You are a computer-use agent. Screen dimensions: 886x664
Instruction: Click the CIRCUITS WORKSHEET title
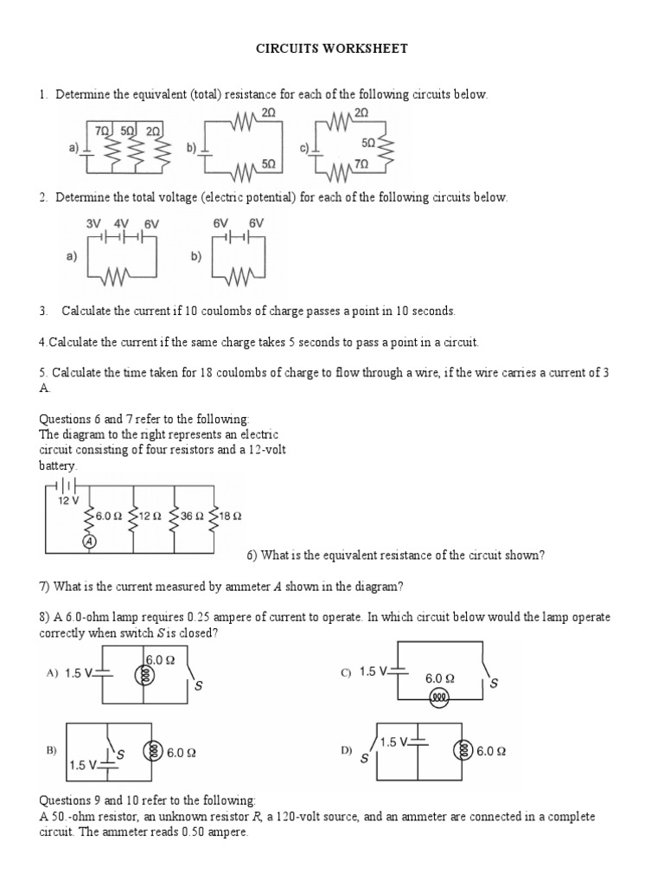tap(331, 49)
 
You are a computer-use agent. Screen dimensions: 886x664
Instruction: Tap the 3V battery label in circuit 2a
tap(93, 223)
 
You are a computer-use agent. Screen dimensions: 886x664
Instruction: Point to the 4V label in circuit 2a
tap(121, 223)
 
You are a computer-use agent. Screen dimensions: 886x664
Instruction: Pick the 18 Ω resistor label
tap(230, 516)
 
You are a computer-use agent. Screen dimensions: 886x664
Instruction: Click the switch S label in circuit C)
tap(494, 684)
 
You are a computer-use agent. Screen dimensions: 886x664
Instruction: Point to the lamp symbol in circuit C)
tap(439, 697)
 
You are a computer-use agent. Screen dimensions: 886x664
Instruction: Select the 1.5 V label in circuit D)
tap(394, 742)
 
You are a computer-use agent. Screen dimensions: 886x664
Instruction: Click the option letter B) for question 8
tap(51, 752)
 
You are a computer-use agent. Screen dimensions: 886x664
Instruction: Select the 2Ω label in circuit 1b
tap(268, 113)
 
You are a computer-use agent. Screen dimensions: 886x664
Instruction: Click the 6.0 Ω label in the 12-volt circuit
tap(110, 516)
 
